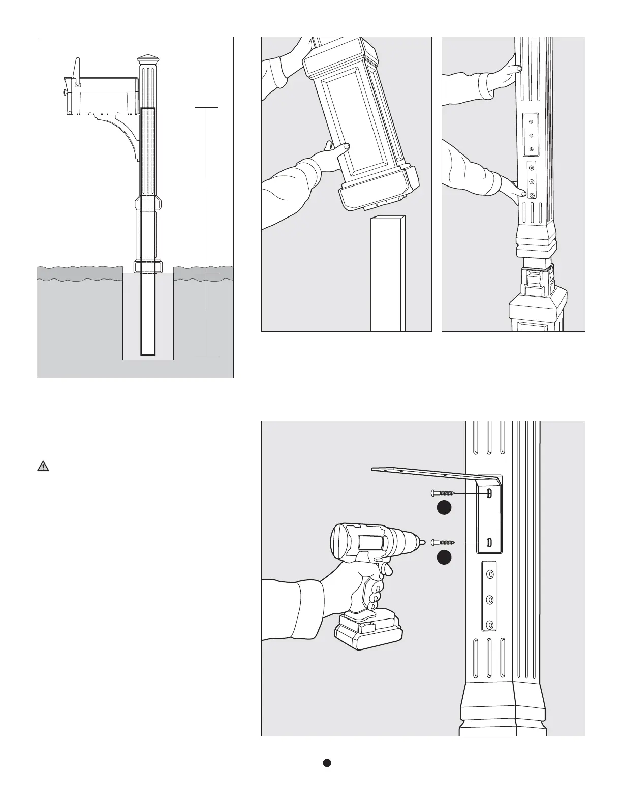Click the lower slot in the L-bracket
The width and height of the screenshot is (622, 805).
pos(489,543)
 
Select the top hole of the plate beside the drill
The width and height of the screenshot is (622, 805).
pos(490,574)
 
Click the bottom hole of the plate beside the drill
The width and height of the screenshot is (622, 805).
pos(490,624)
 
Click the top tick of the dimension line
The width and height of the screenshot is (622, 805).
pos(207,108)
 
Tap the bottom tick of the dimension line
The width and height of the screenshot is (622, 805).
pos(207,356)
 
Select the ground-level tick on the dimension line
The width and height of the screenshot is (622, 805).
pos(207,274)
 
